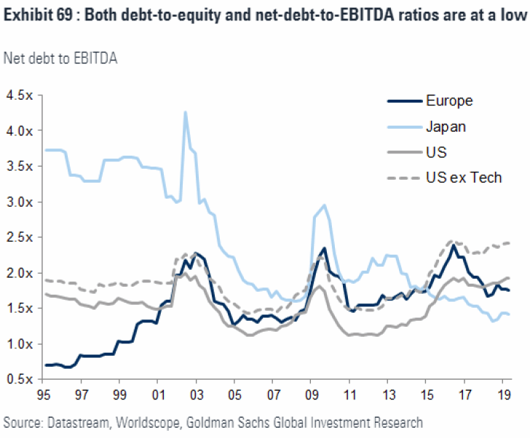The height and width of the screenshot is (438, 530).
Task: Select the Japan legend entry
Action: [x=446, y=126]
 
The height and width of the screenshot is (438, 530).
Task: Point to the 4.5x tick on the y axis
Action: [x=19, y=95]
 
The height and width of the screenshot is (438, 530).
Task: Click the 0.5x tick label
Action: [x=19, y=379]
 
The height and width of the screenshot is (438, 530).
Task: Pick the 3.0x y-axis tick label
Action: [x=19, y=202]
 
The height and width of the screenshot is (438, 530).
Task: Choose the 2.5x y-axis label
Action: [x=19, y=237]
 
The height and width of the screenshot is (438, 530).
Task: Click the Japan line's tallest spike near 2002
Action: [x=185, y=112]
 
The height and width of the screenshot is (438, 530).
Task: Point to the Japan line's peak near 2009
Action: [x=324, y=205]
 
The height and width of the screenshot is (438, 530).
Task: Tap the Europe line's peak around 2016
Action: [x=454, y=245]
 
